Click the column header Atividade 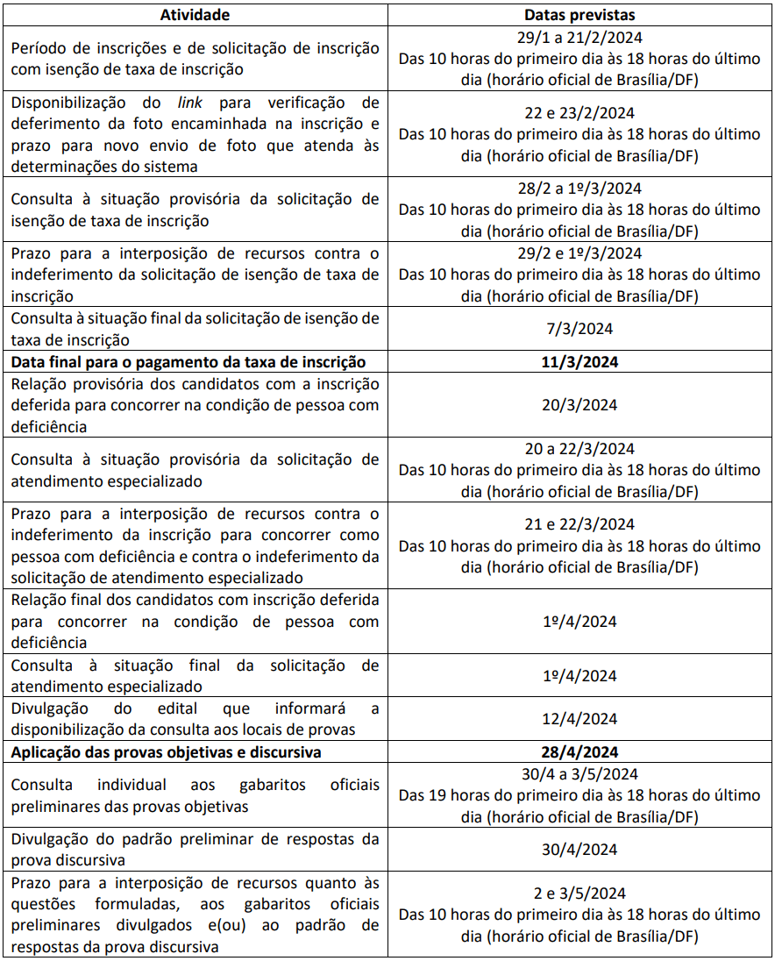tap(195, 15)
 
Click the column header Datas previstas tap(579, 15)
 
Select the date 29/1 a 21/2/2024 tap(579, 38)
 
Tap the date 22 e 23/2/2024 tap(579, 113)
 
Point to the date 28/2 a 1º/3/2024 tap(579, 189)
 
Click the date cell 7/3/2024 tap(579, 329)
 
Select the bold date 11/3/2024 tap(579, 362)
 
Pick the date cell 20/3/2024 tap(579, 405)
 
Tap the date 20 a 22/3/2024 tap(579, 449)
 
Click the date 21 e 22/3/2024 tap(579, 524)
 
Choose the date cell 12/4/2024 tap(579, 719)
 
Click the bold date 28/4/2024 tap(579, 752)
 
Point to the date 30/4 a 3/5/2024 tap(579, 774)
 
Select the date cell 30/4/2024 tap(579, 850)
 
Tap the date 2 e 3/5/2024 tap(579, 893)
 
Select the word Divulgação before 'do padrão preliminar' tap(49, 839)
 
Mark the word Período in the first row tap(38, 48)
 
